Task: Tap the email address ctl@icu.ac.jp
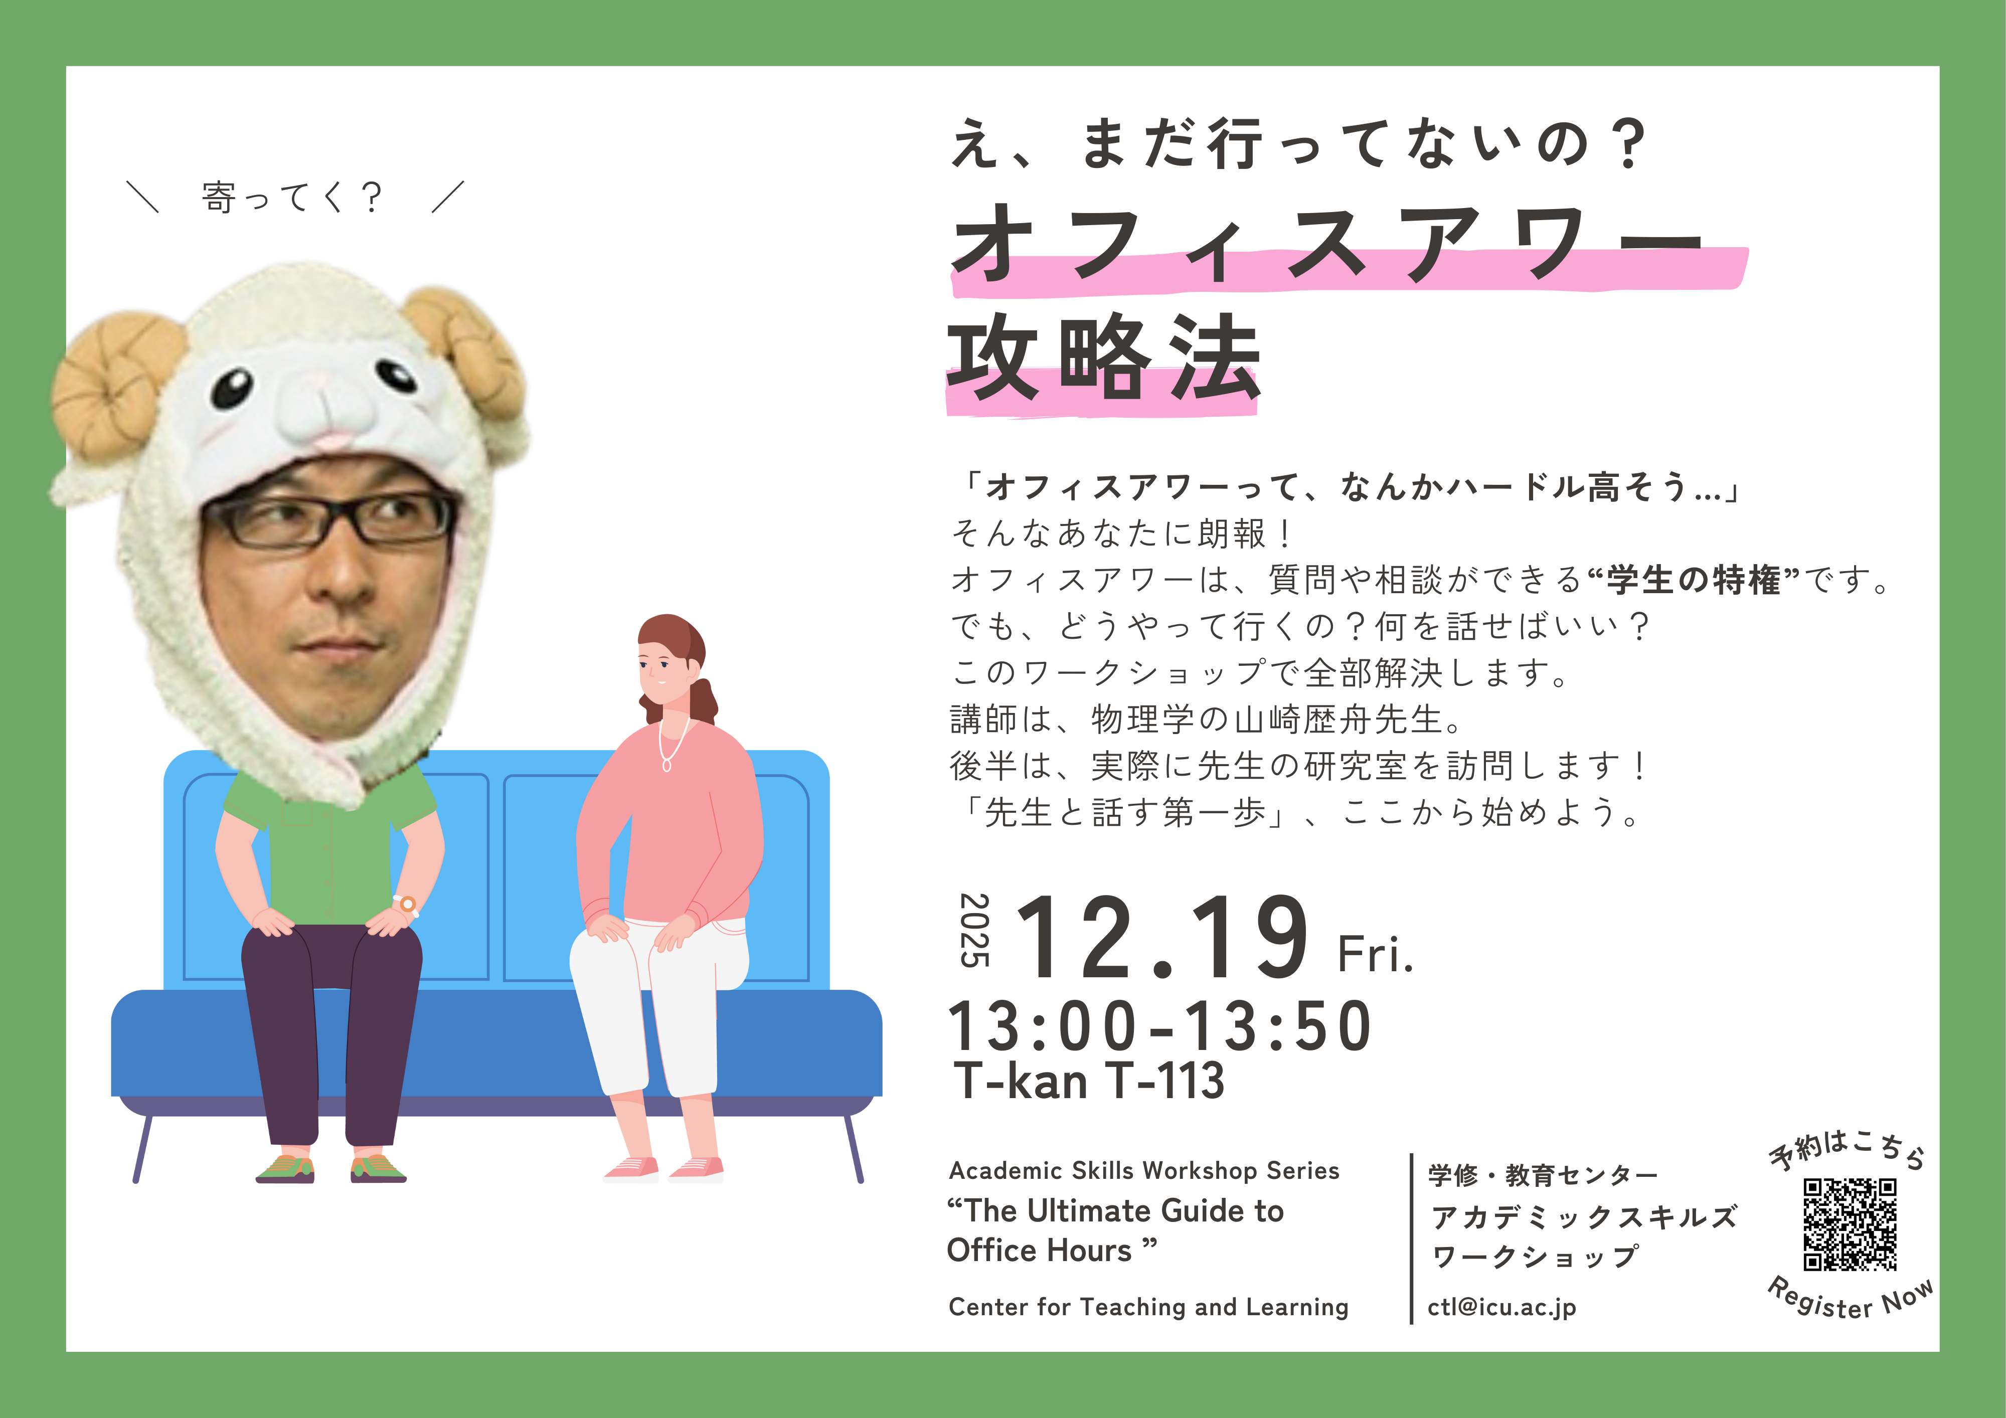point(1502,1307)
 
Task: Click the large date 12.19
point(1162,938)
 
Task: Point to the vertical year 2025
point(975,930)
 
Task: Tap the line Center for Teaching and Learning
point(1148,1307)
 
